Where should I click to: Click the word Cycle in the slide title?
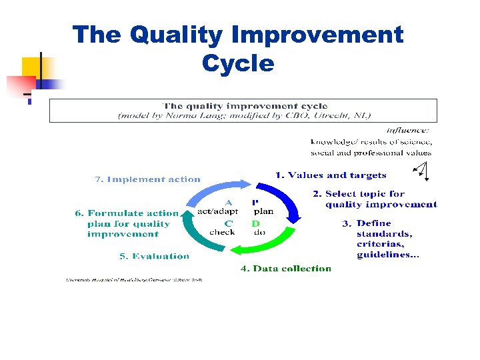click(x=237, y=64)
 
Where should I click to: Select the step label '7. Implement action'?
click(x=147, y=179)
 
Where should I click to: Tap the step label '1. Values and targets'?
click(x=331, y=175)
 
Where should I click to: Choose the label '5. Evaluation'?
click(x=154, y=256)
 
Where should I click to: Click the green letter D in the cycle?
click(x=255, y=223)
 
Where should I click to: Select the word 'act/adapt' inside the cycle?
click(x=217, y=211)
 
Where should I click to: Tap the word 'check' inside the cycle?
click(x=222, y=233)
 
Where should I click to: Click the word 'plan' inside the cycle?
click(x=263, y=211)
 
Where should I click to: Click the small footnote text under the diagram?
click(x=133, y=280)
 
